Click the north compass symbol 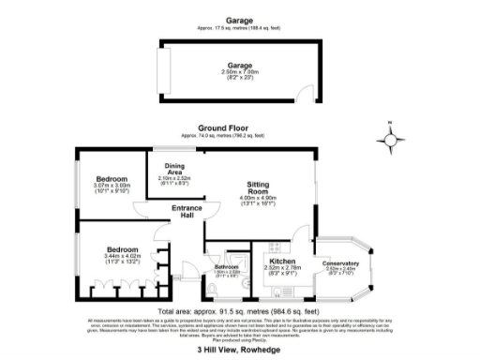click(391, 139)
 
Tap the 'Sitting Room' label click(259, 187)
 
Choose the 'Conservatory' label click(341, 262)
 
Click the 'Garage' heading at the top click(230, 20)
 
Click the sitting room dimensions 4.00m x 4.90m click(259, 200)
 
